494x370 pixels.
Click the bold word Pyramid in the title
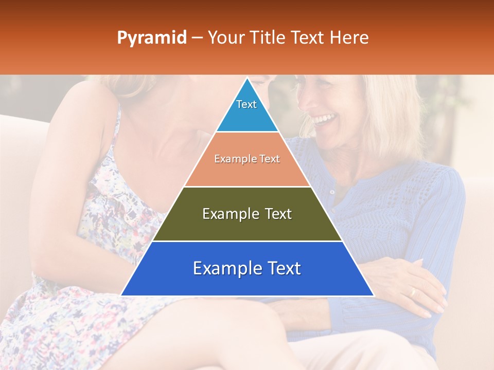click(x=151, y=38)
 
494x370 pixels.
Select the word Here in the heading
click(x=349, y=38)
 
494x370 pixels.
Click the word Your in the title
click(x=225, y=38)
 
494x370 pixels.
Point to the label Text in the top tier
click(x=246, y=104)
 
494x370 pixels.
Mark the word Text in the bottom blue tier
click(x=280, y=268)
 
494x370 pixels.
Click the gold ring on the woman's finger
click(x=412, y=292)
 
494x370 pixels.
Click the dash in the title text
click(x=197, y=38)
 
